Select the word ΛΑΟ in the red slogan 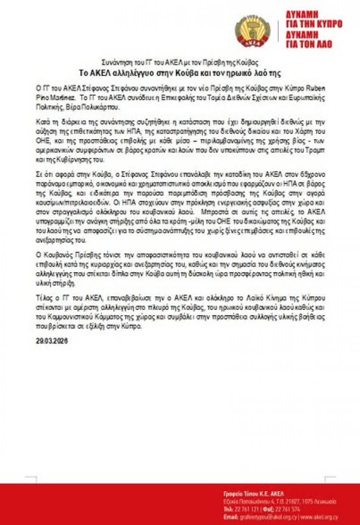point(323,44)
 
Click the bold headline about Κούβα point(180,73)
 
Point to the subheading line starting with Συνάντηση point(180,63)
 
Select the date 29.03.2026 point(50,341)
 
